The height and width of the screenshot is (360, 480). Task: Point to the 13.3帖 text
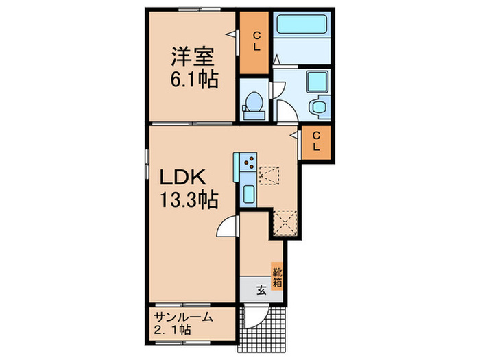click(189, 200)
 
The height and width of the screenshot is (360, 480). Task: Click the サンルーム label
click(183, 317)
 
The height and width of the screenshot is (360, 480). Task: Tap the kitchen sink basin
click(248, 191)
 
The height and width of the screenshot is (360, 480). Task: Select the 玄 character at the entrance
click(261, 289)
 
